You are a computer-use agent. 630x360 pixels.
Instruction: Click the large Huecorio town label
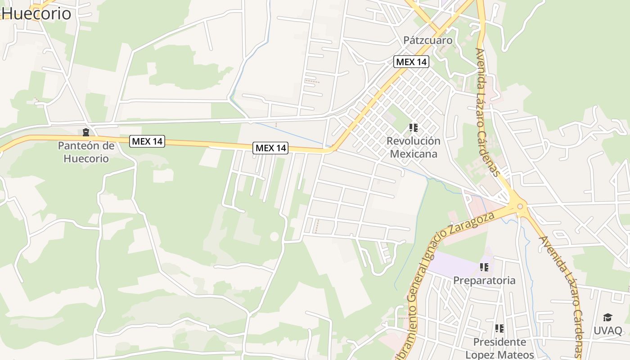point(36,13)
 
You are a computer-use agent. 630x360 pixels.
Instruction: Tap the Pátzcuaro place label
point(427,40)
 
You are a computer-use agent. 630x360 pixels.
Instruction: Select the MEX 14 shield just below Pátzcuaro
point(411,62)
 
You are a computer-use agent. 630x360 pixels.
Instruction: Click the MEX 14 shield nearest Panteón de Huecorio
point(147,141)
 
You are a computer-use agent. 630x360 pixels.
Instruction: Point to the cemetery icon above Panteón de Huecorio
point(85,132)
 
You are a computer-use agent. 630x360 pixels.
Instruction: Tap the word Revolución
point(413,141)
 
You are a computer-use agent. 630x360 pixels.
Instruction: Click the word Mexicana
point(413,154)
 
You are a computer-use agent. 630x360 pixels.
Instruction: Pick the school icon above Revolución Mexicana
point(414,128)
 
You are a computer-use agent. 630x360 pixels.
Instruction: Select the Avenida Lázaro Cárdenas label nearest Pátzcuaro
point(488,112)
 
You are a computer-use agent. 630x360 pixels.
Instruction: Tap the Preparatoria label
point(484,280)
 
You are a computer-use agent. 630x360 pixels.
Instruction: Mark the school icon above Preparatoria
point(484,268)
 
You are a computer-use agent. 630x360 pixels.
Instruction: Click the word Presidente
point(499,342)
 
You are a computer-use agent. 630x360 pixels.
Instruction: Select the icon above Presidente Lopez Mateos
point(499,328)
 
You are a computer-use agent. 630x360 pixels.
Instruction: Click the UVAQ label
point(607,331)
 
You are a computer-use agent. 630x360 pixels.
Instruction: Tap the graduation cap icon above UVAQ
point(607,317)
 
